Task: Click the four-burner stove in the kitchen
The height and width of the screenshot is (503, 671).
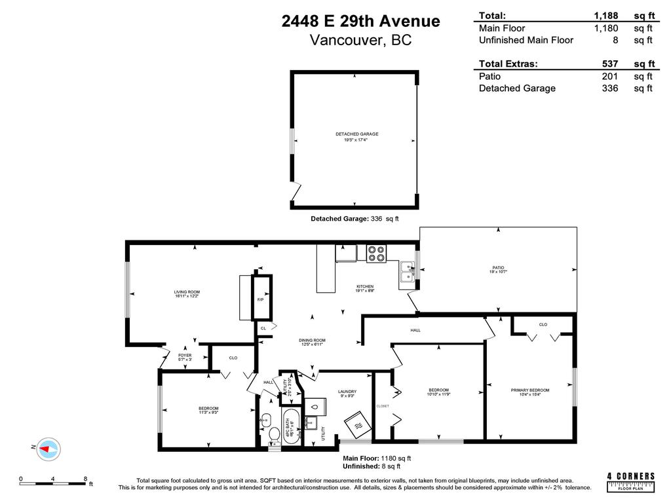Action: pyautogui.click(x=376, y=253)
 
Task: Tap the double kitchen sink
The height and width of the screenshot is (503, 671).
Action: pyautogui.click(x=408, y=271)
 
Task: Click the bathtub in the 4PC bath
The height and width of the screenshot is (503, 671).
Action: pyautogui.click(x=291, y=426)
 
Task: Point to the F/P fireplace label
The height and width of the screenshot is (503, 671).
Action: pyautogui.click(x=260, y=300)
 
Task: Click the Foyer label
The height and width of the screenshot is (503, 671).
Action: pyautogui.click(x=185, y=357)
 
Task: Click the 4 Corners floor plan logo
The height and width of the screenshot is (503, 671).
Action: pyautogui.click(x=631, y=481)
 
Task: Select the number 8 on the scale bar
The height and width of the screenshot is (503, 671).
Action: pyautogui.click(x=85, y=479)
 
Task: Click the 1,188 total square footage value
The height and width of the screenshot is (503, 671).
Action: pyautogui.click(x=605, y=16)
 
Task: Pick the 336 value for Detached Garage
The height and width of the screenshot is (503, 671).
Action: pyautogui.click(x=610, y=88)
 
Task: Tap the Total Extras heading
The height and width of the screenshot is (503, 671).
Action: pyautogui.click(x=508, y=64)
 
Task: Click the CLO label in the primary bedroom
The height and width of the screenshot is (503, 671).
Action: pyautogui.click(x=543, y=324)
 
